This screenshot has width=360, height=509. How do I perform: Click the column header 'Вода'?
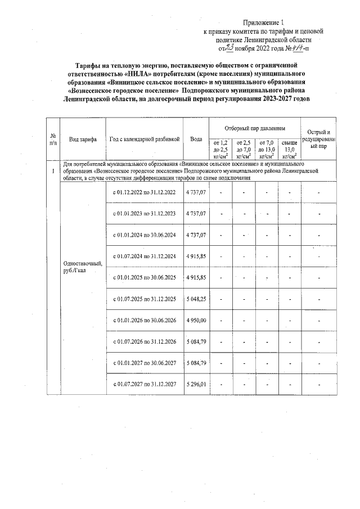coord(196,139)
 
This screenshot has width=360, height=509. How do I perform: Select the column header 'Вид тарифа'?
coord(82,139)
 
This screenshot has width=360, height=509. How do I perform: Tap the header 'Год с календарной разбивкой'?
coord(145,139)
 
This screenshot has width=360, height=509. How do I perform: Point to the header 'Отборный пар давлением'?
coord(255,129)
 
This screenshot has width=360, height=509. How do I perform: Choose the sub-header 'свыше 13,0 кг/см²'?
coord(289,149)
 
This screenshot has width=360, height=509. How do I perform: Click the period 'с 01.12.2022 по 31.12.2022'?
coord(145,193)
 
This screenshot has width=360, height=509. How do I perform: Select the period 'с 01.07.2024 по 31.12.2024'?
coord(145,256)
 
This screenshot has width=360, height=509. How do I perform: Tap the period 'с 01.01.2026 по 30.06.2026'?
coord(145,320)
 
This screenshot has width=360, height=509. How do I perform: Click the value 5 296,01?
coord(196,384)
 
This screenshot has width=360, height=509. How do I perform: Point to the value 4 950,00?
coord(196,320)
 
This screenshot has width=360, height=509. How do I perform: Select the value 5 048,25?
coord(196,299)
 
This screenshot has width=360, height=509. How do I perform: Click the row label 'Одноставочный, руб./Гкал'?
coord(79,267)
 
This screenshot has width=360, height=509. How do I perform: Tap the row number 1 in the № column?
coord(53,171)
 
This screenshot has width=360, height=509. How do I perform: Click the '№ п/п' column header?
coord(53,139)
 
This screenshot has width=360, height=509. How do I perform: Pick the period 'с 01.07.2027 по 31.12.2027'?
coord(145,384)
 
